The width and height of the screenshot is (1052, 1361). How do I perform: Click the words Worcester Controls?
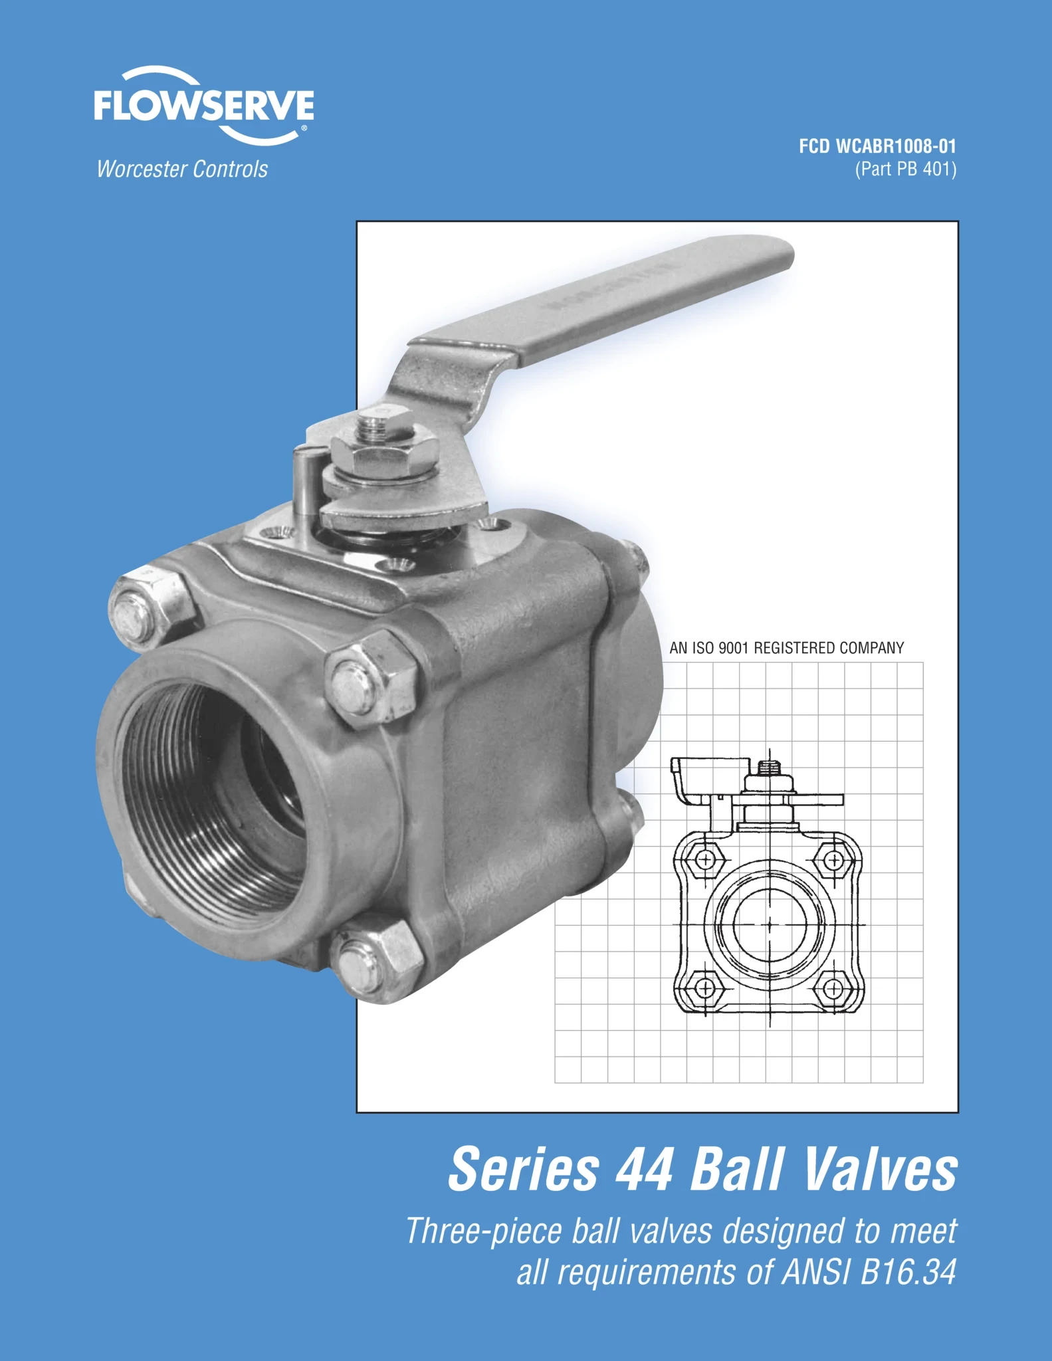(x=182, y=169)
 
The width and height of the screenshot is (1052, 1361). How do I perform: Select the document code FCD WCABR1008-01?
(x=877, y=146)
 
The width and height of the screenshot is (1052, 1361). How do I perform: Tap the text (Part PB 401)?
(x=905, y=169)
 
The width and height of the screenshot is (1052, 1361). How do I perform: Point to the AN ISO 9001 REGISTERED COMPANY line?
(x=786, y=648)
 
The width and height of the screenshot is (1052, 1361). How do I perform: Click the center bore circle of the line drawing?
(x=770, y=924)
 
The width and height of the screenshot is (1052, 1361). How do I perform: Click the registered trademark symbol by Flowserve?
(x=304, y=128)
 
